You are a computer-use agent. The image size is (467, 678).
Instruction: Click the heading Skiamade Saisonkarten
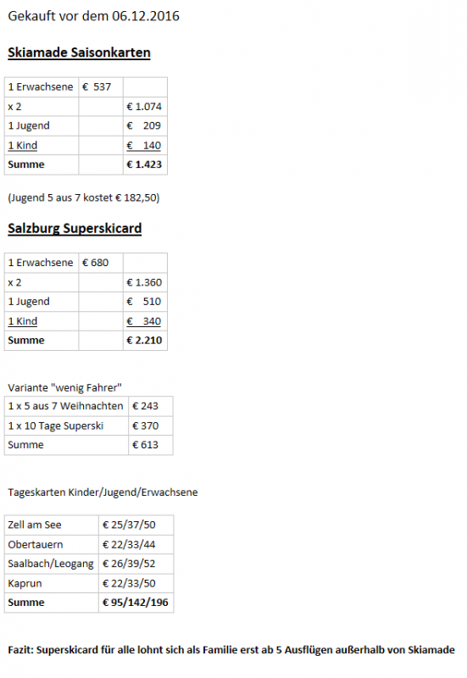(x=79, y=53)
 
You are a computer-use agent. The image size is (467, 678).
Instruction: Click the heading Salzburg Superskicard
(x=75, y=228)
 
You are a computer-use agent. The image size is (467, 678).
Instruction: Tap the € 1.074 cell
(x=144, y=106)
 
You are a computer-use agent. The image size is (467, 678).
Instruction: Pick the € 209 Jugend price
(x=144, y=125)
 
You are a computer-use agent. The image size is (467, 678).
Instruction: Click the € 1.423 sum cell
(x=144, y=164)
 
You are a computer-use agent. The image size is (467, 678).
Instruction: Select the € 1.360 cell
(x=144, y=282)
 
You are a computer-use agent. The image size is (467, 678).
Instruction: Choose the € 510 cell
(x=144, y=302)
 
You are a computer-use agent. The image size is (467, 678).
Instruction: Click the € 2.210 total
(x=144, y=340)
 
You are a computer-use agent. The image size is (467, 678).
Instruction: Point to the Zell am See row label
(x=35, y=525)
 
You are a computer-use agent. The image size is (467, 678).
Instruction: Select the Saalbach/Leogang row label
(x=51, y=564)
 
